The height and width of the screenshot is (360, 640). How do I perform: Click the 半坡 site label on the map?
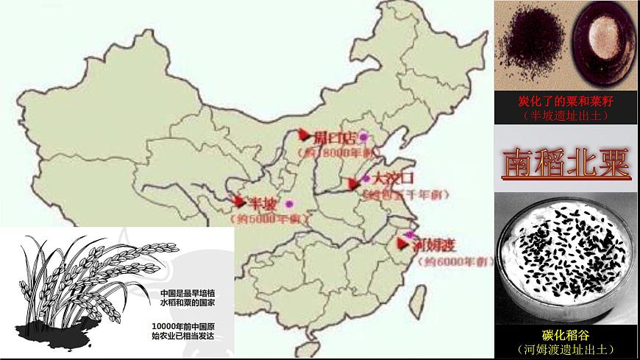(263, 203)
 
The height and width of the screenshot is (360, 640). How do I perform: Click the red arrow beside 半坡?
(237, 201)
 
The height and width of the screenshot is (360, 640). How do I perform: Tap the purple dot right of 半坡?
(289, 204)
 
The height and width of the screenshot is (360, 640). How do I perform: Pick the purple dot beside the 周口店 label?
(363, 138)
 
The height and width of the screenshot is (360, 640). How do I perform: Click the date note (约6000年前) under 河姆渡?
(453, 263)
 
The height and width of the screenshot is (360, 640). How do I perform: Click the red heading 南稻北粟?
(566, 164)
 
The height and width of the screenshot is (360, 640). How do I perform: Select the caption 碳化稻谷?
(566, 335)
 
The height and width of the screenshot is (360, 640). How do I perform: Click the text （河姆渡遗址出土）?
(566, 349)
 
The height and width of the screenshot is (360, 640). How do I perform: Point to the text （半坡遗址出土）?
(566, 116)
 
